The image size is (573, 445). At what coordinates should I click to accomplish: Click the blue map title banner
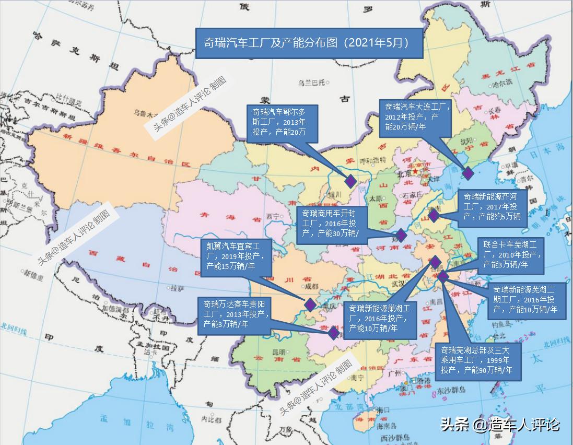click(x=309, y=43)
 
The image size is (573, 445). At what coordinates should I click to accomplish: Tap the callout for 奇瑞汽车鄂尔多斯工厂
click(x=282, y=122)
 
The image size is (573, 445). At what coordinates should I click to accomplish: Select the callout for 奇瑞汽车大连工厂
click(x=414, y=116)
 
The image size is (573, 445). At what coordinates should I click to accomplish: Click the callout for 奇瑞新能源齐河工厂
click(x=492, y=207)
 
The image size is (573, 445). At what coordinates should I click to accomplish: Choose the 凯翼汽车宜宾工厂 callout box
click(x=236, y=256)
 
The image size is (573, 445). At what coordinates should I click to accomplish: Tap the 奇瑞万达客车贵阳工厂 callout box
click(x=236, y=315)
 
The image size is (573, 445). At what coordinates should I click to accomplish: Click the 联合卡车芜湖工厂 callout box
click(x=511, y=255)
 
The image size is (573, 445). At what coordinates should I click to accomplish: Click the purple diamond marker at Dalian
click(x=467, y=173)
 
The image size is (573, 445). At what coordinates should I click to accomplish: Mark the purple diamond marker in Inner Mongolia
click(x=350, y=181)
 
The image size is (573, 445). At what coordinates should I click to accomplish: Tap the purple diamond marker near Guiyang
click(x=333, y=333)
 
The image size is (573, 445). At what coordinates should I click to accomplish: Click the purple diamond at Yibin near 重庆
click(x=310, y=305)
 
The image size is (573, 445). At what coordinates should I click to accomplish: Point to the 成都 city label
click(x=311, y=286)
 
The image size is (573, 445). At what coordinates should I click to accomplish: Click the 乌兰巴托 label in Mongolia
click(x=311, y=82)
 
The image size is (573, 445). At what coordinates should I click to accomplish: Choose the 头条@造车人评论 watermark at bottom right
click(x=500, y=425)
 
